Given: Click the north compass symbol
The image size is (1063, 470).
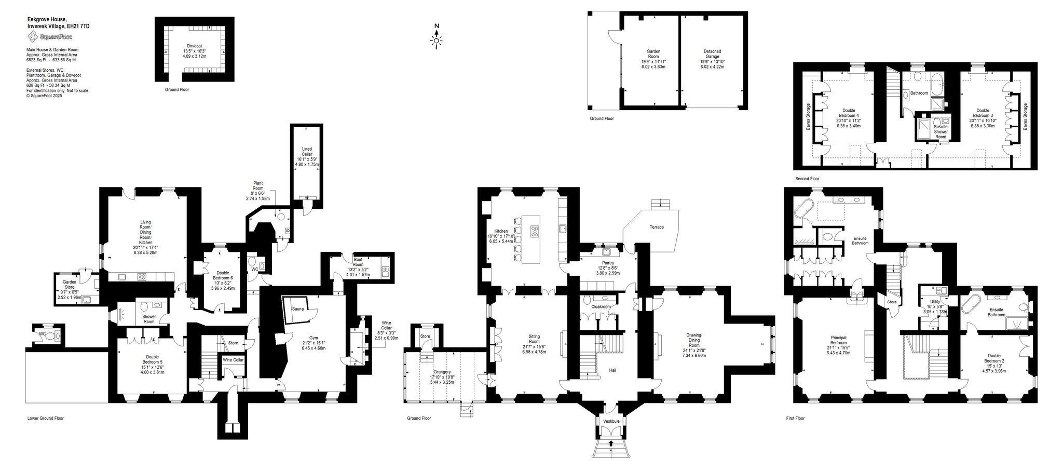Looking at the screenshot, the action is pyautogui.click(x=437, y=37).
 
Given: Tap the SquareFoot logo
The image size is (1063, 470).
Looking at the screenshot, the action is pyautogui.click(x=43, y=37).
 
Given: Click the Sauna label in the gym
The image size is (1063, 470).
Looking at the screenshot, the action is pyautogui.click(x=298, y=308).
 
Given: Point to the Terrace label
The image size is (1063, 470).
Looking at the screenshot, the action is pyautogui.click(x=657, y=227).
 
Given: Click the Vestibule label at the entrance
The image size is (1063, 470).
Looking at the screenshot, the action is pyautogui.click(x=611, y=421).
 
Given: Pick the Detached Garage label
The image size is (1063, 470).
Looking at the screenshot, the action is pyautogui.click(x=712, y=53).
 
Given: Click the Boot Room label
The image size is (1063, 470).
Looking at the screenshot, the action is pyautogui.click(x=358, y=262).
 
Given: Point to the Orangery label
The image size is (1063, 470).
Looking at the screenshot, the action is pyautogui.click(x=442, y=372).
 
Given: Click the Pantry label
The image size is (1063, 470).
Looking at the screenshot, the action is pyautogui.click(x=608, y=263).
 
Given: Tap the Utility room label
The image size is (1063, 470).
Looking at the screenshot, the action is pyautogui.click(x=935, y=301).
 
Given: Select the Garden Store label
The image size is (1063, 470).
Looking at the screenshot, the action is pyautogui.click(x=70, y=285).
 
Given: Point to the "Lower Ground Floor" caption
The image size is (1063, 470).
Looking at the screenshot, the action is pyautogui.click(x=45, y=418).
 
